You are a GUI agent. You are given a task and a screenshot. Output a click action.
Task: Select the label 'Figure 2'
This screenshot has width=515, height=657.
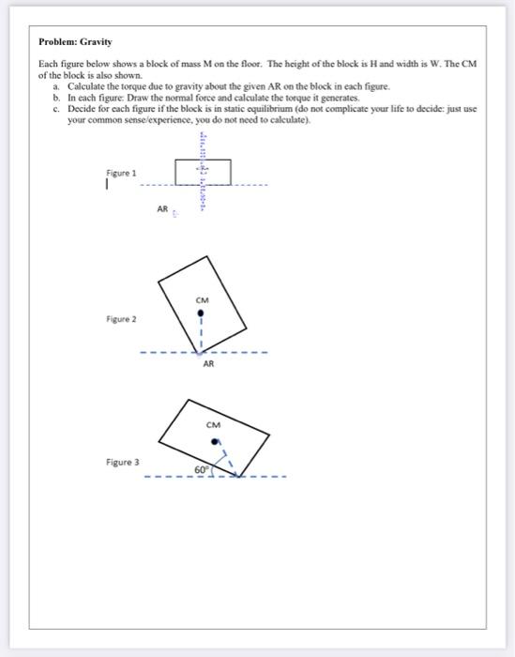(120, 319)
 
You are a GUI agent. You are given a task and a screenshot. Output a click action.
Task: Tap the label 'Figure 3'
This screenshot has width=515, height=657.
(123, 462)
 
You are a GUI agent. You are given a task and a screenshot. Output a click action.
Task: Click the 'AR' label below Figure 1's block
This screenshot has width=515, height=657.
(162, 210)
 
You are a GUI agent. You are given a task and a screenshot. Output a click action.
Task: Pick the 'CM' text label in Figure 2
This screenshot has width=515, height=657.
(202, 300)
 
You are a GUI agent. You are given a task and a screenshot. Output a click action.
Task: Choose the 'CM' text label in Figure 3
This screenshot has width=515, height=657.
(215, 423)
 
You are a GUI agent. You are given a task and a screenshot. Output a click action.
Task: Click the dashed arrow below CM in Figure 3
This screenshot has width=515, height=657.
(226, 457)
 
